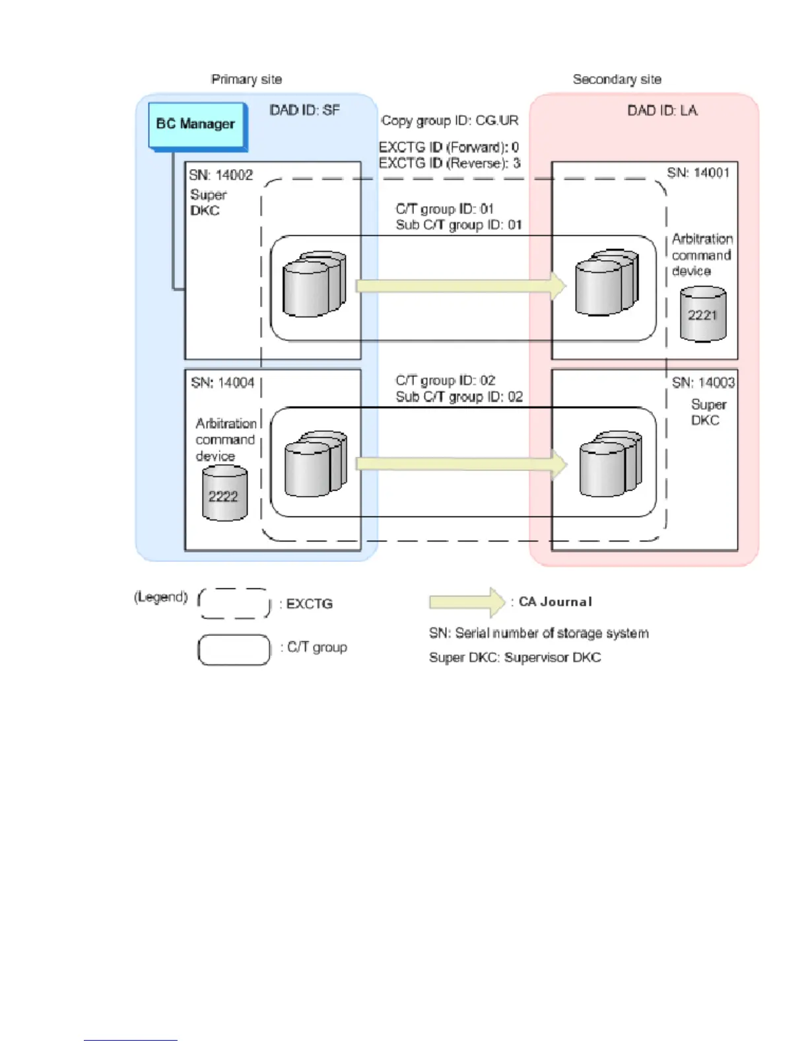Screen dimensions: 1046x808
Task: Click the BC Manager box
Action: point(197,125)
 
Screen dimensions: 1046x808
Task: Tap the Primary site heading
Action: point(246,79)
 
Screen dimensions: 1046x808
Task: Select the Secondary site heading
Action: point(617,79)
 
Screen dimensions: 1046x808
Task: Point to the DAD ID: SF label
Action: point(304,110)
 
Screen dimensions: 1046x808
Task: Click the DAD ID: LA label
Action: point(662,110)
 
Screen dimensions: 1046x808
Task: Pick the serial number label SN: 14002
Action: point(220,175)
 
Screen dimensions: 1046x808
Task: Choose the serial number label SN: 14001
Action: point(698,173)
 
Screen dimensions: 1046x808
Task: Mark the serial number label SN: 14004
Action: point(222,383)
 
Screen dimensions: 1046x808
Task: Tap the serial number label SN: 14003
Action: point(703,383)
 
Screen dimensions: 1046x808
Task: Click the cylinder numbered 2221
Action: point(702,314)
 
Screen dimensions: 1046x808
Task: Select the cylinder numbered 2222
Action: point(224,494)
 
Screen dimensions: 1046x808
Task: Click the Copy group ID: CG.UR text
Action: point(450,121)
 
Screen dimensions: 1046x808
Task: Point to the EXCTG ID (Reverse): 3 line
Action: point(449,163)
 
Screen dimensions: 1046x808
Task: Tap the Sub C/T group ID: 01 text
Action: point(458,225)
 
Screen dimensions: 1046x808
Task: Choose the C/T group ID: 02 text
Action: point(445,380)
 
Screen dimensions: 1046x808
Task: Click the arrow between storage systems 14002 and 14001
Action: point(460,286)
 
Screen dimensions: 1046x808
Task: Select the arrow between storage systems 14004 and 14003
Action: point(461,464)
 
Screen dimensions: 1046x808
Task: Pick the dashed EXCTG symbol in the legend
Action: point(234,604)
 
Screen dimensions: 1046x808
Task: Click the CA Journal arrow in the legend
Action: point(467,602)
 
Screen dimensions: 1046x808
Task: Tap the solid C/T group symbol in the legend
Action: point(234,650)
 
